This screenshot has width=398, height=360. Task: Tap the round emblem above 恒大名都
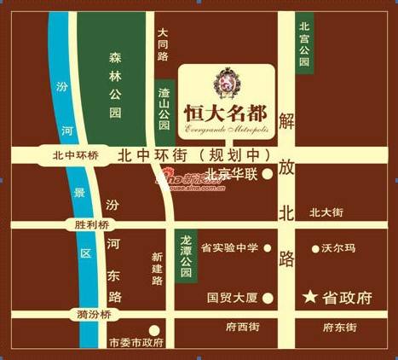coord(226,82)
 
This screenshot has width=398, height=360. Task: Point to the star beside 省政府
coord(309,298)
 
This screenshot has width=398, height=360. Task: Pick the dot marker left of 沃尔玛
coord(313,248)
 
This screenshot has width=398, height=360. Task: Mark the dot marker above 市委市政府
coord(153,329)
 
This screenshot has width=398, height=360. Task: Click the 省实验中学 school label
coord(229,248)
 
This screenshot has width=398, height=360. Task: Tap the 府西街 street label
coord(243,327)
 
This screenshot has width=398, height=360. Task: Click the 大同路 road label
coord(163,44)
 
